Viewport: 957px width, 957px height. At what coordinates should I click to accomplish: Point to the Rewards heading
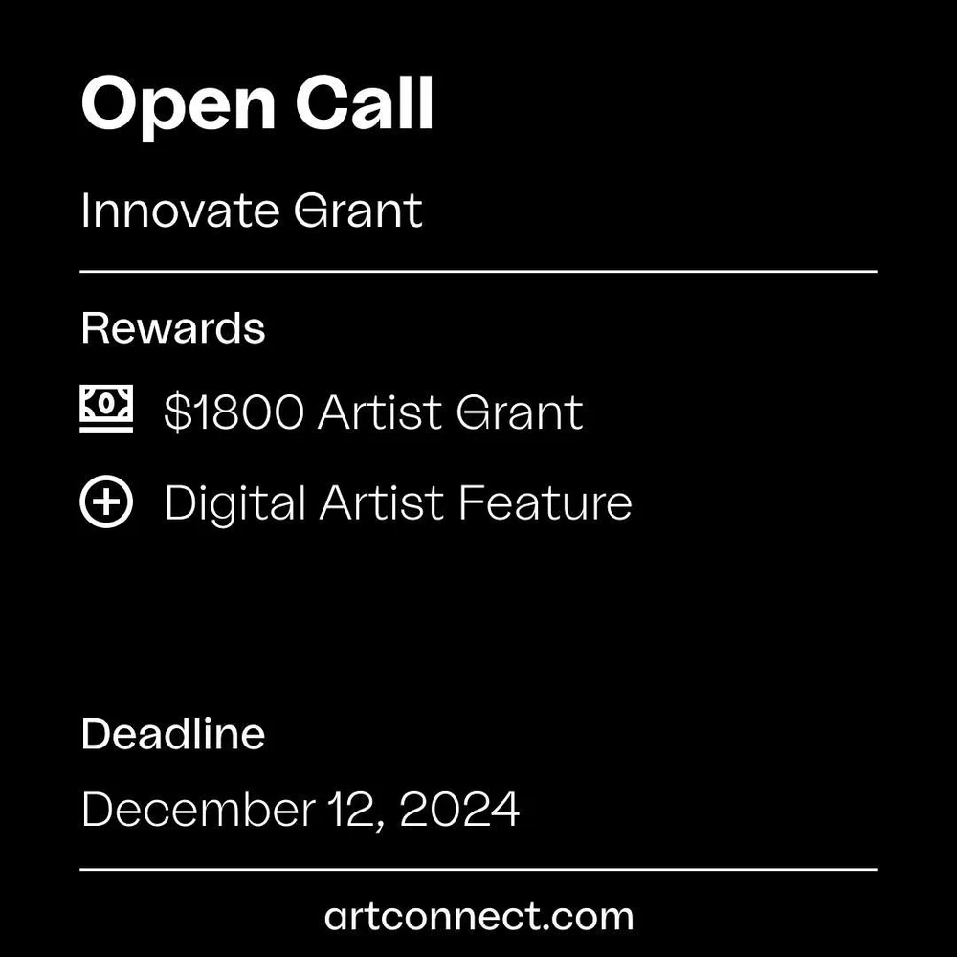(173, 328)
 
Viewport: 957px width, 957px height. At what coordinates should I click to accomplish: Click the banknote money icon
(106, 410)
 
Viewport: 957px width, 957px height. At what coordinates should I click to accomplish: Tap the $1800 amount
(234, 412)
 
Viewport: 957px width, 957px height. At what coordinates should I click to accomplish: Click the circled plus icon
(106, 502)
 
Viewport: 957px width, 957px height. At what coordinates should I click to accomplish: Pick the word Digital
(234, 503)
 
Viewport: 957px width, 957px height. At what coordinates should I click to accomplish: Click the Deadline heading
(173, 734)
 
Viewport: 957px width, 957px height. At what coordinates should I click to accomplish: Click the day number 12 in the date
(355, 810)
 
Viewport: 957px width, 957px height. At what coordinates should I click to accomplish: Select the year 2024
(459, 810)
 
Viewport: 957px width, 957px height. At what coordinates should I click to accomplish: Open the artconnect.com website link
(478, 916)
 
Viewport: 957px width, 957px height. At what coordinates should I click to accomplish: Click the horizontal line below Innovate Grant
(478, 272)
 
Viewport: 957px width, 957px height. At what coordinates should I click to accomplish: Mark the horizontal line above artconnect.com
(478, 870)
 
